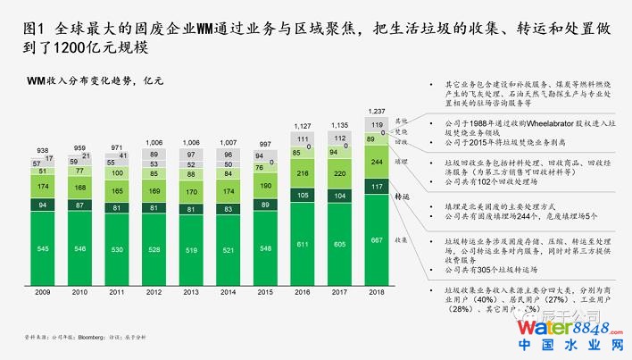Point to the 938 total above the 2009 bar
[x=43, y=150]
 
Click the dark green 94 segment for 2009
[x=43, y=205]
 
